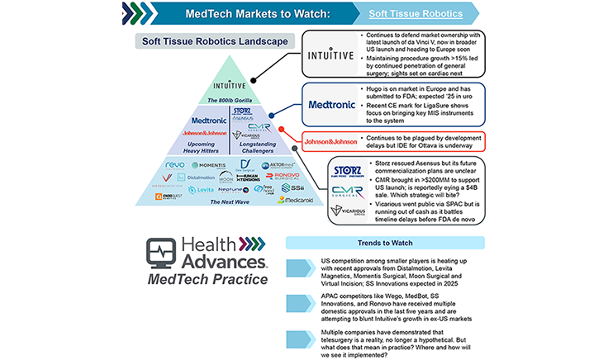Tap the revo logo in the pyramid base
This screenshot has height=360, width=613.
pos(175,166)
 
